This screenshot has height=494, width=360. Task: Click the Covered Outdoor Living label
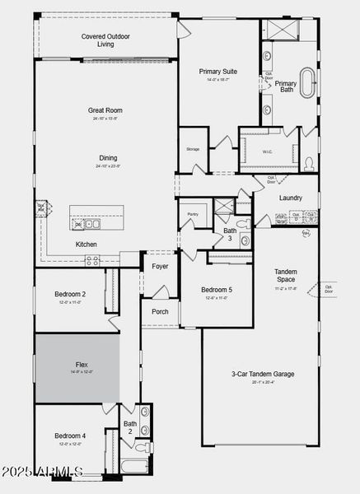click(105, 40)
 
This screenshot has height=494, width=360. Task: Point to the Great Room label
click(105, 110)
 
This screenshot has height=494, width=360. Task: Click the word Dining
click(107, 158)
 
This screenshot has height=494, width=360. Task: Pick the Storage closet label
click(193, 149)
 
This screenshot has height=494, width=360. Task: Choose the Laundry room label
click(291, 198)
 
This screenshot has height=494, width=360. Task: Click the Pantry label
click(193, 214)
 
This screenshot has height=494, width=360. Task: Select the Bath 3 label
click(230, 235)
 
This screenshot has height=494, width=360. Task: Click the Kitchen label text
click(87, 245)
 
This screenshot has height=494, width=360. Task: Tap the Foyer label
click(160, 266)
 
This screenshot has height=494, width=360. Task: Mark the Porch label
click(159, 311)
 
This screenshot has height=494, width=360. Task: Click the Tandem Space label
click(285, 275)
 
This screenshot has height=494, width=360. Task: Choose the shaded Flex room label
click(82, 364)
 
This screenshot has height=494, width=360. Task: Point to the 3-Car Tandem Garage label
click(263, 374)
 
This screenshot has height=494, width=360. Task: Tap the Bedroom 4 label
click(70, 436)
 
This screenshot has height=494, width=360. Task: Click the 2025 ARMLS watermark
click(43, 472)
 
